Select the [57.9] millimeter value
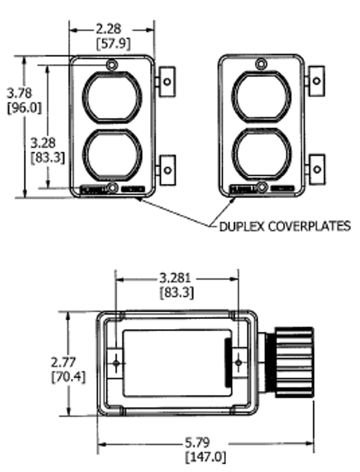point(113,43)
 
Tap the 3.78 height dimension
point(20,94)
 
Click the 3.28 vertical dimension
point(43,143)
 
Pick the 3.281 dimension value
point(175,278)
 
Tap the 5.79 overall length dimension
point(201,443)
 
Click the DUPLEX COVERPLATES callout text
point(285,226)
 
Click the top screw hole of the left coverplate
point(112,64)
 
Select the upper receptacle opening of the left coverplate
point(112,97)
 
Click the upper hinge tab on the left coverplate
point(167,81)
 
